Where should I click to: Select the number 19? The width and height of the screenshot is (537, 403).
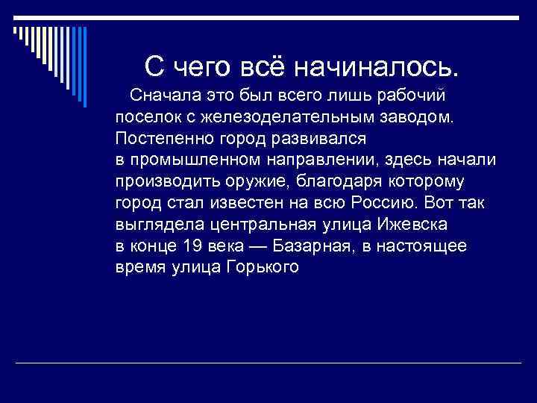pos(192,246)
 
